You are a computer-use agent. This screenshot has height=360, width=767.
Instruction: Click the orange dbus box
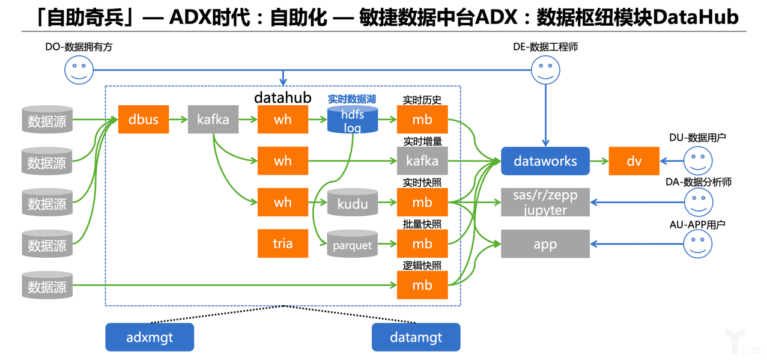click(x=143, y=119)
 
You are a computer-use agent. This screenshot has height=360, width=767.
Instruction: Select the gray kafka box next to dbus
click(x=213, y=119)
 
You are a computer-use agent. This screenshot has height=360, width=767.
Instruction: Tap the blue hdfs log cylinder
click(x=353, y=120)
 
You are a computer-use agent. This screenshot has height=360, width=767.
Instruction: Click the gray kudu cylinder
click(x=353, y=203)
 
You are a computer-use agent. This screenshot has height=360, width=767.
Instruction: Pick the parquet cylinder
click(x=353, y=245)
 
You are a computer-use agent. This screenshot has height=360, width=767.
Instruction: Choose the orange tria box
click(x=283, y=243)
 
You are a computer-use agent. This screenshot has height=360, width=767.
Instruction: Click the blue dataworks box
click(x=545, y=161)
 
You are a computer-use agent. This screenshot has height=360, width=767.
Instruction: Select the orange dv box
click(x=634, y=161)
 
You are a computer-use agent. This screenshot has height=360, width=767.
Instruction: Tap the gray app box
click(x=545, y=244)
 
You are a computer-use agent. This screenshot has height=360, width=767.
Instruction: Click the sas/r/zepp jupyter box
click(x=545, y=203)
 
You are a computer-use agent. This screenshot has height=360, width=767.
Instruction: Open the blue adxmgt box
click(x=150, y=337)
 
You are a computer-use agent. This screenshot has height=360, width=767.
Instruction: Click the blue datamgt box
click(x=416, y=337)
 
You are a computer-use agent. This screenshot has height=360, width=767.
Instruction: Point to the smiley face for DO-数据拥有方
click(x=79, y=70)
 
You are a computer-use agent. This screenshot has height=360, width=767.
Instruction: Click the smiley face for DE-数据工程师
click(x=545, y=70)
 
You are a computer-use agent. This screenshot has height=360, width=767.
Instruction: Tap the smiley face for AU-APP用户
click(x=698, y=244)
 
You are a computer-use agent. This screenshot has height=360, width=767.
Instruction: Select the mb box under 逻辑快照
click(x=422, y=285)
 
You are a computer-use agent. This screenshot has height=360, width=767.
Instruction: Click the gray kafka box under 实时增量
click(x=422, y=161)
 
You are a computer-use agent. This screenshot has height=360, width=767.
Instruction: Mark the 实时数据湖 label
click(x=352, y=99)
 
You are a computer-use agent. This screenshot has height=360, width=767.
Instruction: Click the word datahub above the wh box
click(x=283, y=97)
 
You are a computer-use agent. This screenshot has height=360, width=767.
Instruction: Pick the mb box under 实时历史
click(x=422, y=119)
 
